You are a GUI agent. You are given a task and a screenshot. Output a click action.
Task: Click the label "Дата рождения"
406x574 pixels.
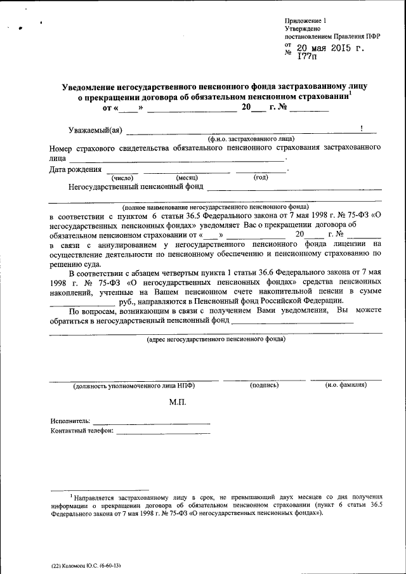coord(75,169)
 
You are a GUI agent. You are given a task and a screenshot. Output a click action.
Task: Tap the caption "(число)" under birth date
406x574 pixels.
coord(122,178)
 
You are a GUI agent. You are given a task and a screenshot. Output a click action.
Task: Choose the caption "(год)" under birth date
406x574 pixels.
coord(261,177)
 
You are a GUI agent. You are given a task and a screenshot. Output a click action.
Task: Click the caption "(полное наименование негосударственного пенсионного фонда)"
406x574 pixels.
coord(215,207)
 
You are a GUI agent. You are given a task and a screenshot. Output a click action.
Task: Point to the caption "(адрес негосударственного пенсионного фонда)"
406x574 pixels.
coord(215,339)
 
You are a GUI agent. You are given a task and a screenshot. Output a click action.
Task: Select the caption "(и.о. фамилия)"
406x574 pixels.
coord(345,385)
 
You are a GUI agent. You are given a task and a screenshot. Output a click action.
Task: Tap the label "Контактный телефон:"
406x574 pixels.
coord(82,431)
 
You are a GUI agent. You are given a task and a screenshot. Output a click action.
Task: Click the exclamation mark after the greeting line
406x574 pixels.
coord(361,129)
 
